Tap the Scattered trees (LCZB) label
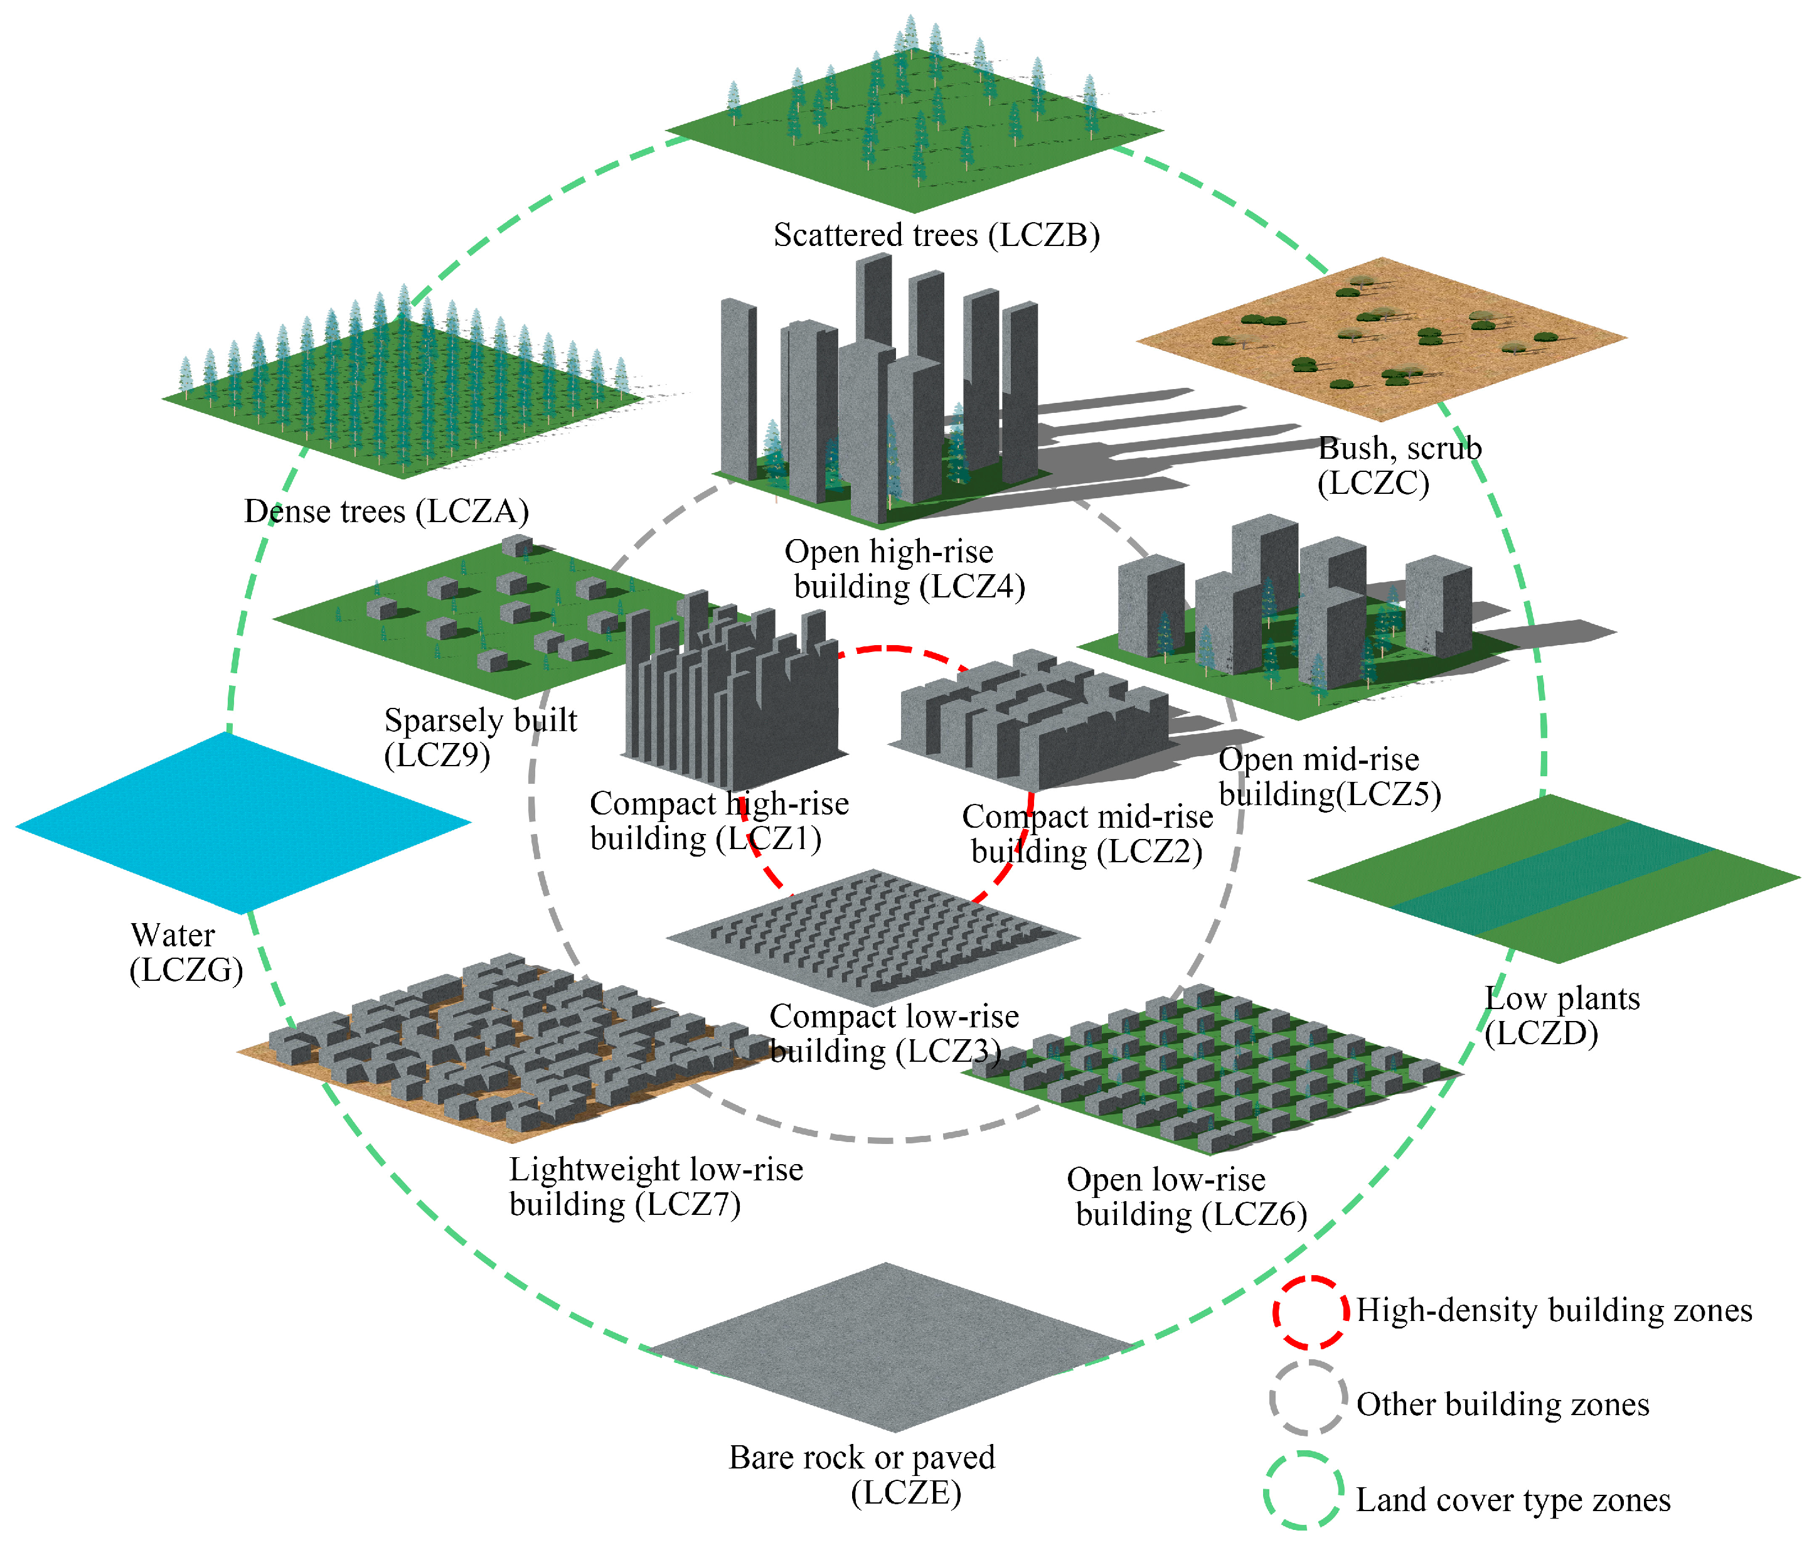point(936,235)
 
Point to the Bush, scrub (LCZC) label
point(1399,465)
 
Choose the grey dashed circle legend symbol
point(1308,1399)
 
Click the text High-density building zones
point(1554,1310)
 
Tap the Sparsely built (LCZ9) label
point(480,737)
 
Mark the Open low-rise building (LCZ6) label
point(1186,1197)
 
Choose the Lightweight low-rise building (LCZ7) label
point(655,1187)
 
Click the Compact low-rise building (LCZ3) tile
point(873,936)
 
